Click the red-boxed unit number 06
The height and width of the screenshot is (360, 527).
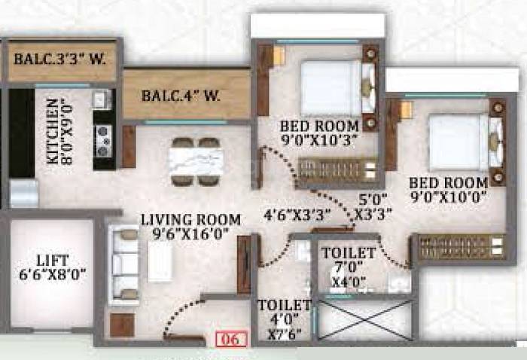[230, 339]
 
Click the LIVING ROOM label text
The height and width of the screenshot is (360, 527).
[191, 220]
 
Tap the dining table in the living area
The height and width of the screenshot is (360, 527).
[196, 161]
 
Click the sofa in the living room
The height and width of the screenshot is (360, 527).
[125, 264]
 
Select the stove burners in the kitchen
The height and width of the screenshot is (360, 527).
[103, 137]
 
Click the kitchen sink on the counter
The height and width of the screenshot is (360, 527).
[102, 98]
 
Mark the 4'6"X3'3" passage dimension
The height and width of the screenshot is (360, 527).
[297, 213]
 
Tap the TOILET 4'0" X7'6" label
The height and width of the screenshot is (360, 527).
[285, 319]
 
